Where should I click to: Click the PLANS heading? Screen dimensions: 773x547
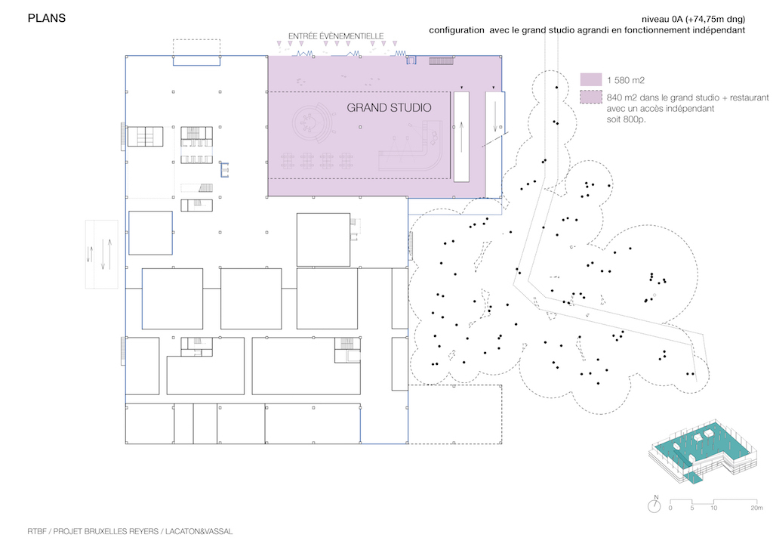tap(46, 18)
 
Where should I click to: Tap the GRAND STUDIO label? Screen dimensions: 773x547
tap(389, 107)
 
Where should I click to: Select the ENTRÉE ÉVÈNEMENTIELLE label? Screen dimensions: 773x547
tap(336, 36)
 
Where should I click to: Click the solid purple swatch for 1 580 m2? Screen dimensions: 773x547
tap(591, 80)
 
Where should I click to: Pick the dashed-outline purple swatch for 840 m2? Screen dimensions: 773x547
tap(591, 97)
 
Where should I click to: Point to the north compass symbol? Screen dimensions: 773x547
tap(654, 505)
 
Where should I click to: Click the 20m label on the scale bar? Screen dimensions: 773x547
tap(756, 508)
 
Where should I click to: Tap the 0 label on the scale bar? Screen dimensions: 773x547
tap(670, 508)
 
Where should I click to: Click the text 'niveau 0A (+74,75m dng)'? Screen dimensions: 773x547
tap(693, 19)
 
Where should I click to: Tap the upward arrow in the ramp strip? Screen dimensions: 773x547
tap(461, 137)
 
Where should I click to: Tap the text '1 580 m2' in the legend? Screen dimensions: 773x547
tap(626, 80)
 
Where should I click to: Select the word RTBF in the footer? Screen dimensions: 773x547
tap(36, 531)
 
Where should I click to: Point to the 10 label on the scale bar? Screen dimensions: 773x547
tap(713, 508)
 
